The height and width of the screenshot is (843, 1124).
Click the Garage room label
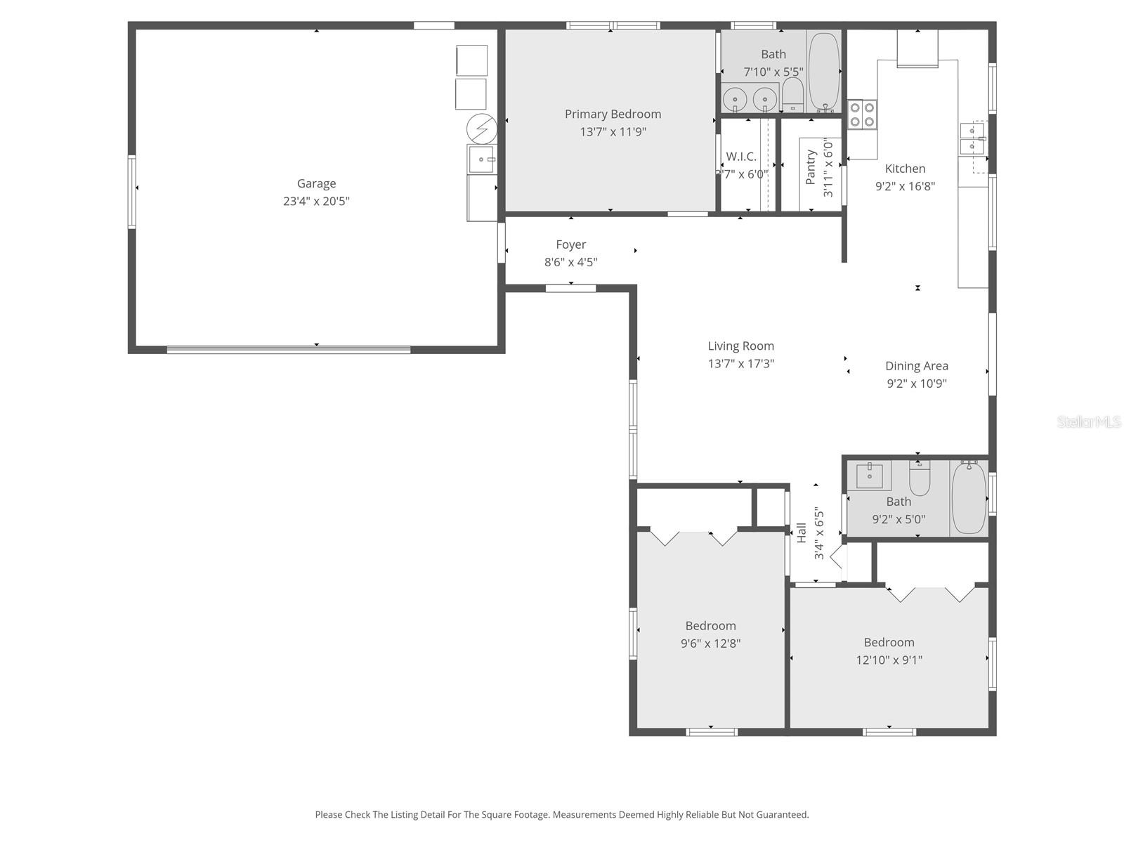(x=316, y=183)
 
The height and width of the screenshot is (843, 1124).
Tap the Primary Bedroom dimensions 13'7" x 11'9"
(x=613, y=131)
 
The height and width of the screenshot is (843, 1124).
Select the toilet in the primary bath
(x=792, y=94)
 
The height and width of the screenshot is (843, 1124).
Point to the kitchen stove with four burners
(x=862, y=115)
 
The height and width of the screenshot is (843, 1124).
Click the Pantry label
(x=811, y=167)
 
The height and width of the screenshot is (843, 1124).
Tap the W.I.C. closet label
(x=741, y=157)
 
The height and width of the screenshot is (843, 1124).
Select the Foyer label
(x=570, y=244)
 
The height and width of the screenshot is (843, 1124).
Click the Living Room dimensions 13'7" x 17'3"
(x=740, y=363)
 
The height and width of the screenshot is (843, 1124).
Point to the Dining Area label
(x=916, y=365)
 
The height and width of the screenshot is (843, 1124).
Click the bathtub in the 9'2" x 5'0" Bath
(x=969, y=497)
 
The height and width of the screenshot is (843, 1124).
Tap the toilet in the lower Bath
(x=920, y=479)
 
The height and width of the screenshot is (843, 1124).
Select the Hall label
(x=802, y=532)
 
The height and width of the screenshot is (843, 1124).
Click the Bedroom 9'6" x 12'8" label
(x=710, y=625)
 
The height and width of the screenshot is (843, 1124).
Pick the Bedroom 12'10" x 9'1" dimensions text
(x=889, y=660)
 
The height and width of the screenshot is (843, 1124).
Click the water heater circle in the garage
(x=482, y=129)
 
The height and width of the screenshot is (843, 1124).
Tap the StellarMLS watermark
(x=1088, y=422)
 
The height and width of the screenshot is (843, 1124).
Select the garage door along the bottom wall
(x=289, y=349)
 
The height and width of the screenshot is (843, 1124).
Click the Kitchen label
(x=905, y=169)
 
